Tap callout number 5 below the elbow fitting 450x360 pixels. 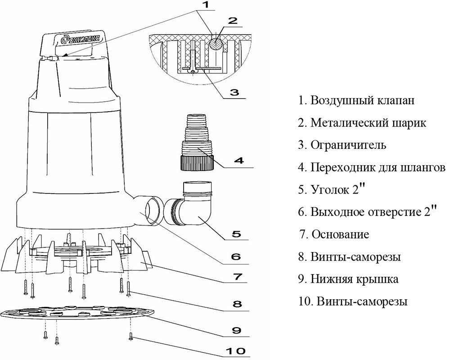[236, 234]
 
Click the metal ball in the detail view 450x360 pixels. [216, 43]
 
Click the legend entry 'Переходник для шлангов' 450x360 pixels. [377, 168]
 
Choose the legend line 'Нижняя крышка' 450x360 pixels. [354, 279]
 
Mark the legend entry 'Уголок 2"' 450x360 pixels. [337, 189]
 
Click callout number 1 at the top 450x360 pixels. [205, 6]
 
